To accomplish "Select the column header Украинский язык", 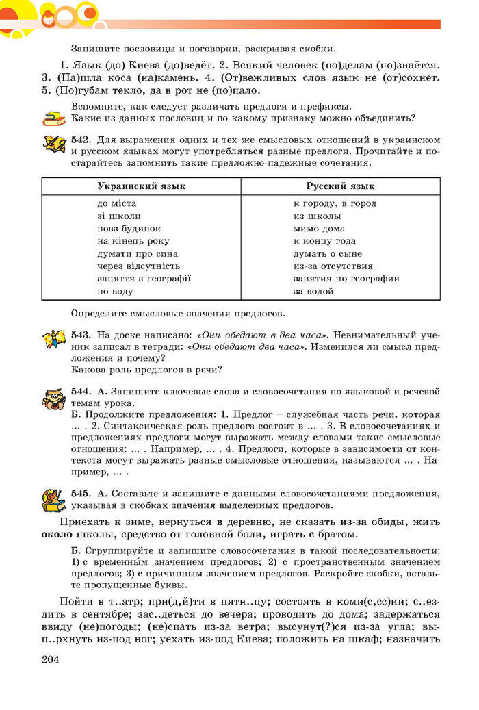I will pyautogui.click(x=141, y=186).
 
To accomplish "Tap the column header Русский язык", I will pyautogui.click(x=340, y=186).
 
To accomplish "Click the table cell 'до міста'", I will pyautogui.click(x=116, y=203).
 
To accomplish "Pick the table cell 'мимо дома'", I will pyautogui.click(x=319, y=229).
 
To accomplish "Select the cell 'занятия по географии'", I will pyautogui.click(x=346, y=279).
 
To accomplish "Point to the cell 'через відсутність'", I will pyautogui.click(x=138, y=266).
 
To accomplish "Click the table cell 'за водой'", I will pyautogui.click(x=313, y=291).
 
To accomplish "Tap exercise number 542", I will pyautogui.click(x=81, y=139).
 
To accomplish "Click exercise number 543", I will pyautogui.click(x=81, y=335).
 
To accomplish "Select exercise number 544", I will pyautogui.click(x=81, y=391).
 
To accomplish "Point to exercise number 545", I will pyautogui.click(x=81, y=493).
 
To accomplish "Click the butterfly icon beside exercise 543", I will pyautogui.click(x=54, y=339).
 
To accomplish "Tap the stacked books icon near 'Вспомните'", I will pyautogui.click(x=53, y=118).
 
